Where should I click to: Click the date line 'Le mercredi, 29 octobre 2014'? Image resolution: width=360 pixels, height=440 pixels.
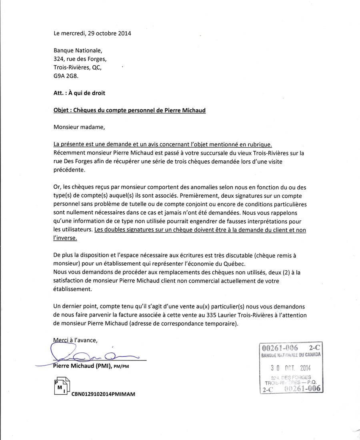(x=92, y=33)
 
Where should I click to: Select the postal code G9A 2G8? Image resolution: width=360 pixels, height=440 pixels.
(x=66, y=76)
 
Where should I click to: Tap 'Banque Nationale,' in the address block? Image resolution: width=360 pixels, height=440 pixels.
(x=78, y=50)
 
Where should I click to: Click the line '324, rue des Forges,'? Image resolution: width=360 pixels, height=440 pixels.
(x=80, y=59)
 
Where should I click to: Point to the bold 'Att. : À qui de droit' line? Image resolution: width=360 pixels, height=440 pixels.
(x=79, y=93)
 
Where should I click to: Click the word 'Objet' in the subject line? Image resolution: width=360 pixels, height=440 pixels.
(x=61, y=110)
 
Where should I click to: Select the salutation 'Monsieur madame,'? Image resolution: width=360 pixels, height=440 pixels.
(x=79, y=127)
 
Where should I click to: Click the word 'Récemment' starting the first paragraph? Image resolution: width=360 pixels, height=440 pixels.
(x=68, y=153)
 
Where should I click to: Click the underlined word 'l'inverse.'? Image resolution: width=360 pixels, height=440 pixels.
(x=65, y=238)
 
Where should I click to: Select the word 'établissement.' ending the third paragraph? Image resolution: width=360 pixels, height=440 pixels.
(x=72, y=289)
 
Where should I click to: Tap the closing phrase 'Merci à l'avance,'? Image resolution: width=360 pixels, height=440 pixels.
(x=76, y=340)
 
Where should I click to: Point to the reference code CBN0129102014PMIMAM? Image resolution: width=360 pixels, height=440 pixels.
(x=104, y=394)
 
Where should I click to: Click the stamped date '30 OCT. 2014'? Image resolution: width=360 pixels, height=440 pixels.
(x=290, y=368)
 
